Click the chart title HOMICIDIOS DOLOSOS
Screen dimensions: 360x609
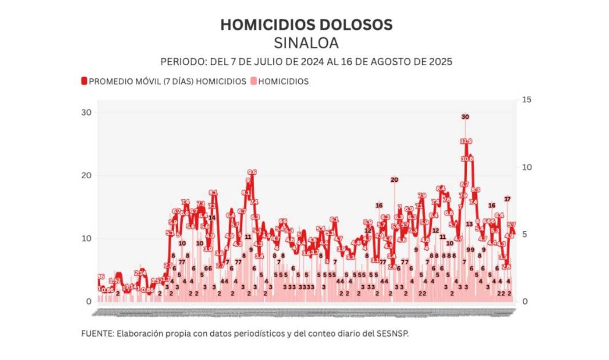(306, 25)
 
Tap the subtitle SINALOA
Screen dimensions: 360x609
(306, 43)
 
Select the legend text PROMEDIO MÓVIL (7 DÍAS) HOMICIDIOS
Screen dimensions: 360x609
(167, 82)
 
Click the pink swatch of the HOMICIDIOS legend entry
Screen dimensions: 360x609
(254, 82)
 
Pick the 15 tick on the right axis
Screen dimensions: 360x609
(526, 100)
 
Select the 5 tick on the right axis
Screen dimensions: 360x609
(524, 234)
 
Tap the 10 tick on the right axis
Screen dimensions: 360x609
(526, 167)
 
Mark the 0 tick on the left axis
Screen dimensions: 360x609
(89, 302)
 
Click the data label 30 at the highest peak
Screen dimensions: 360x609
(465, 117)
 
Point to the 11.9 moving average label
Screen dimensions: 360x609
(466, 141)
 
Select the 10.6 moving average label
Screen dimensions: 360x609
(467, 158)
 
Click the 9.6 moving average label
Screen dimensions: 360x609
(251, 172)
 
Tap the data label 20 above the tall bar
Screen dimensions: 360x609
(394, 180)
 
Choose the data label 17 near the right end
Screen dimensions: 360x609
(507, 199)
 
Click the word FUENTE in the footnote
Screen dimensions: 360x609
(97, 334)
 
